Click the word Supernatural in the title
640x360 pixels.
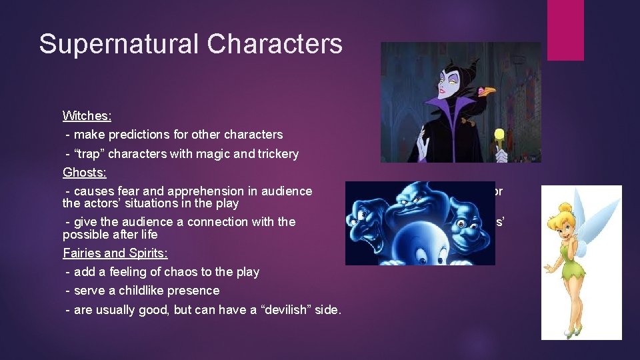[119, 44]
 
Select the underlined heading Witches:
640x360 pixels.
[87, 115]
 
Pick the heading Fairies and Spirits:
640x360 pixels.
[115, 253]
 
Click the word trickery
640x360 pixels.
[275, 153]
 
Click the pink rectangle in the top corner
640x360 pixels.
[565, 30]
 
